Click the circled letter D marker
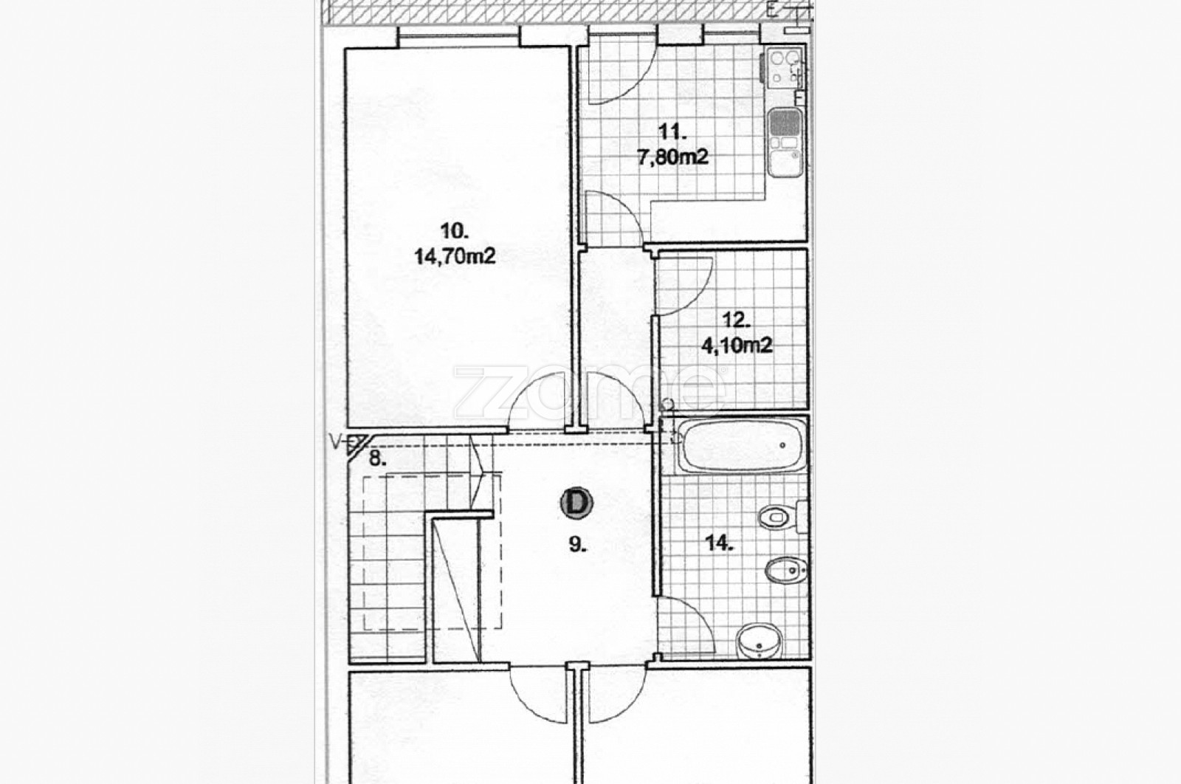tap(576, 503)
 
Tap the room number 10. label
tap(454, 231)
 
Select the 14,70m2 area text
tap(455, 257)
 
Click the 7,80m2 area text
tap(672, 157)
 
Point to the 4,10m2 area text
tap(737, 345)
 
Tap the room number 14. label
tap(720, 543)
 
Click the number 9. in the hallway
tap(579, 545)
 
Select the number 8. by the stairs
tap(377, 458)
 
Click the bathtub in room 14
tap(741, 445)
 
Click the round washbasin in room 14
tap(760, 641)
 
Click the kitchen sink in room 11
tap(785, 141)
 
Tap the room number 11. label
tap(672, 131)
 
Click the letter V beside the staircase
tap(334, 441)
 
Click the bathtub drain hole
tap(782, 445)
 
